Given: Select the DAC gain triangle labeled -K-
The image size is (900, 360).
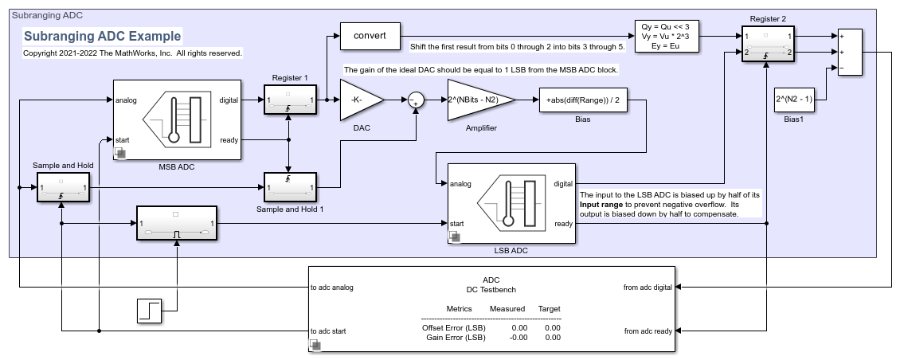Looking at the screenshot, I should pyautogui.click(x=358, y=100).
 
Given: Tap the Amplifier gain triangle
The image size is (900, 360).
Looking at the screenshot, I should pyautogui.click(x=478, y=100).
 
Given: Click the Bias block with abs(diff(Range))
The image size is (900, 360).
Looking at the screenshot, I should pyautogui.click(x=584, y=100).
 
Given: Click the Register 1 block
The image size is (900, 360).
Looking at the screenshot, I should pyautogui.click(x=290, y=100).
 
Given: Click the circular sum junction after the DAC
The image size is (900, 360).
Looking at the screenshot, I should pyautogui.click(x=416, y=100).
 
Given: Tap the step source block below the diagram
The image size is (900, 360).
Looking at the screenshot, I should pyautogui.click(x=150, y=311).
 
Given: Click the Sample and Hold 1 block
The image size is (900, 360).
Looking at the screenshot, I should pyautogui.click(x=290, y=188).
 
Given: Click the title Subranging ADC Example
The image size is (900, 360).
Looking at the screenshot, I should pyautogui.click(x=102, y=36).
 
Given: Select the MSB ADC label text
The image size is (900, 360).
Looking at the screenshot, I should pyautogui.click(x=177, y=166).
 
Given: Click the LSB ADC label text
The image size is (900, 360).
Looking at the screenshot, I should pyautogui.click(x=510, y=250).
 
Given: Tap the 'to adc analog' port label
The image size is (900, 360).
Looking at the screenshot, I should pyautogui.click(x=331, y=288).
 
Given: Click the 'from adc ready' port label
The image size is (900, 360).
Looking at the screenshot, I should pyautogui.click(x=648, y=331).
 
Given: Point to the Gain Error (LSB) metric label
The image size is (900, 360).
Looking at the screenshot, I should pyautogui.click(x=453, y=338).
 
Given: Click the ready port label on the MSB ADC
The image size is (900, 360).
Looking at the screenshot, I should pyautogui.click(x=229, y=139).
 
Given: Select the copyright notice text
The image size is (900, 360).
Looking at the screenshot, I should pyautogui.click(x=132, y=53).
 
